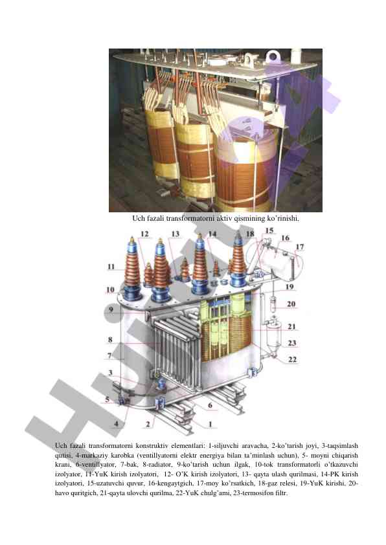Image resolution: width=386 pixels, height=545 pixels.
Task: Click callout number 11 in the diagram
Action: click(x=111, y=267)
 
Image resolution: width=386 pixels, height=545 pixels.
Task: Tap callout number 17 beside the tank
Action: click(x=300, y=247)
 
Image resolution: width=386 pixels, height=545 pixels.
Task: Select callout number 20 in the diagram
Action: click(x=291, y=304)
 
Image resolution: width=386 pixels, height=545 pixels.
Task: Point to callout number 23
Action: click(x=291, y=343)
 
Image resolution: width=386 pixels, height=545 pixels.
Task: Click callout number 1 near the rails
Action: click(x=210, y=424)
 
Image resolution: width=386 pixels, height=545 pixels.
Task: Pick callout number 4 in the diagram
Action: click(x=117, y=423)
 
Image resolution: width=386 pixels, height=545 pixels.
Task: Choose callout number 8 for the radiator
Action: click(x=110, y=340)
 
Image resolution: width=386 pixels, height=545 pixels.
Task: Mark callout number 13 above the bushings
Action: click(x=176, y=234)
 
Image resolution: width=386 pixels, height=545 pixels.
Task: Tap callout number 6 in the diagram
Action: click(x=210, y=405)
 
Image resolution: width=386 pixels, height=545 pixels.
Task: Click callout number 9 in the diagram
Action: click(x=111, y=309)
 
